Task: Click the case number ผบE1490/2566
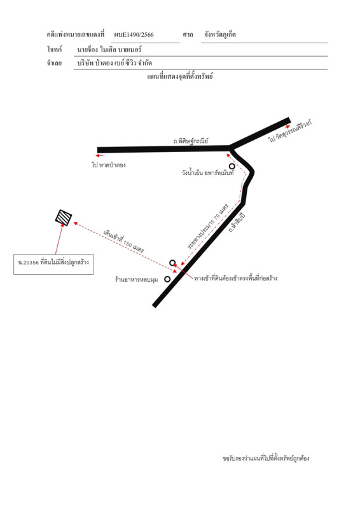click(x=134, y=35)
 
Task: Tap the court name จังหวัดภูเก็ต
click(x=220, y=34)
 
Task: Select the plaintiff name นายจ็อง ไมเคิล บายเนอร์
click(x=109, y=50)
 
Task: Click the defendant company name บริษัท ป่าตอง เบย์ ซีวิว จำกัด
click(x=114, y=63)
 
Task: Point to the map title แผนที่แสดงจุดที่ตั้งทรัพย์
click(x=180, y=76)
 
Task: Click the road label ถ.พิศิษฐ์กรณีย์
click(x=191, y=141)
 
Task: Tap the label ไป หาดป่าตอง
click(x=108, y=165)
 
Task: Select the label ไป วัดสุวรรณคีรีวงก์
click(x=290, y=132)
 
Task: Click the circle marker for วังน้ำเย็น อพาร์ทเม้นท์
click(x=232, y=166)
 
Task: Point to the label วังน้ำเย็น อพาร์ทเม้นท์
click(x=208, y=172)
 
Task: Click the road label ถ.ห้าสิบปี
click(x=237, y=223)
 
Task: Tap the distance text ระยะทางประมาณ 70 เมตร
click(x=208, y=227)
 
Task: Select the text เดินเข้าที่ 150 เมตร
click(x=123, y=242)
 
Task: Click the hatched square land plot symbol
click(x=64, y=218)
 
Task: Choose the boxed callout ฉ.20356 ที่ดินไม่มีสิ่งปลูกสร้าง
click(x=53, y=264)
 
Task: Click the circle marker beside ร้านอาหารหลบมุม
click(x=167, y=279)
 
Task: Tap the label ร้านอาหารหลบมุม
click(x=137, y=279)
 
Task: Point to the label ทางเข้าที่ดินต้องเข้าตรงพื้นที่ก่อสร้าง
click(x=236, y=278)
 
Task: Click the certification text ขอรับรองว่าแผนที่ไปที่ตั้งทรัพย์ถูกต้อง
click(x=266, y=458)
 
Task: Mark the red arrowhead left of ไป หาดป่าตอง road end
click(x=101, y=156)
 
